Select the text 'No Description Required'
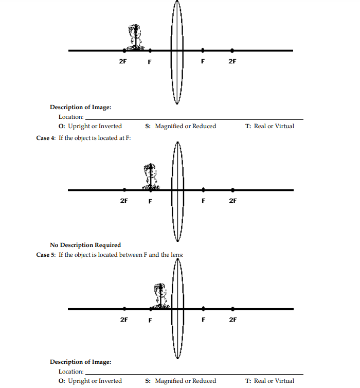tap(85, 245)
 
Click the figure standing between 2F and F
tap(135, 37)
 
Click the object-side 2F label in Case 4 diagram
tap(123, 201)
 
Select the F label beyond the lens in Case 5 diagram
tap(203, 320)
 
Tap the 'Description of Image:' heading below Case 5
tap(80, 362)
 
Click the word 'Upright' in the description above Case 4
tap(79, 126)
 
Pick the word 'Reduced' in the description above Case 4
tap(204, 126)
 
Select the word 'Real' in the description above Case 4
tap(260, 126)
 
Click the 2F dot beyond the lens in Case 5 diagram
tap(232, 309)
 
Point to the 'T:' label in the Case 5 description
tap(248, 381)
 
